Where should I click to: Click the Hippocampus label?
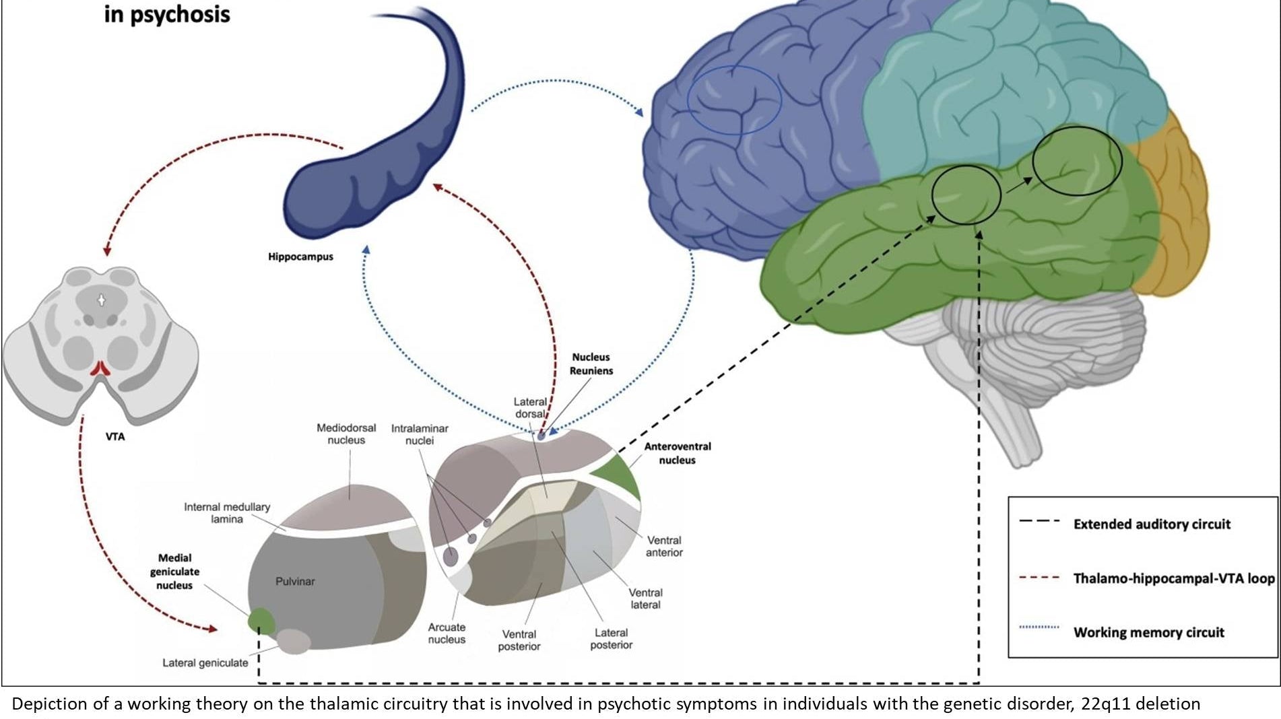pos(300,256)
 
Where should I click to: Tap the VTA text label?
pos(115,436)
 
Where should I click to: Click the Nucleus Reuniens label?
pos(591,364)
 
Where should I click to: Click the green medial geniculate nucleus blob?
pos(261,620)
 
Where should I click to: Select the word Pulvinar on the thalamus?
pos(295,581)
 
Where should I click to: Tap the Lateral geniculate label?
pos(205,662)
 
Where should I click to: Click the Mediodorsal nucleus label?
pos(346,434)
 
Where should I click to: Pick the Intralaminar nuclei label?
pos(420,434)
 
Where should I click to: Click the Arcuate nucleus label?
pos(447,633)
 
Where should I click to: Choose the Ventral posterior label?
pos(519,640)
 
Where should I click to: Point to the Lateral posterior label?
pos(611,638)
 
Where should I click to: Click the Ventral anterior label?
pos(664,546)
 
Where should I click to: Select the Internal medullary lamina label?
pos(227,512)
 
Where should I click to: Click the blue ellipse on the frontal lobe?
pos(734,100)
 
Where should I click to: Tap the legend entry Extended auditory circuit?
pos(1151,524)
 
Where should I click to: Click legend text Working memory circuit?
pos(1148,632)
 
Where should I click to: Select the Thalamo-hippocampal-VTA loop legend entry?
pos(1173,578)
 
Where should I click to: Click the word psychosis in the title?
pos(180,14)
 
